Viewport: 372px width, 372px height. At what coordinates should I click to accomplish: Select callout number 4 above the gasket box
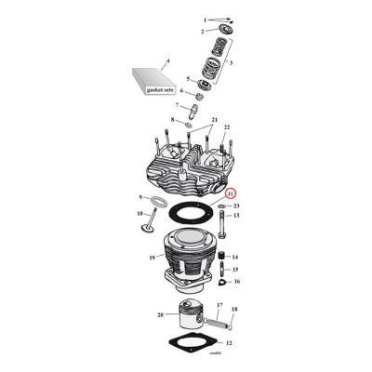166,61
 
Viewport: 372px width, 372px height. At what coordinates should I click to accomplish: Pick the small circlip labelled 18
229,325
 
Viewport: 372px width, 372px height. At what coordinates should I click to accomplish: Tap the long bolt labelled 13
223,224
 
